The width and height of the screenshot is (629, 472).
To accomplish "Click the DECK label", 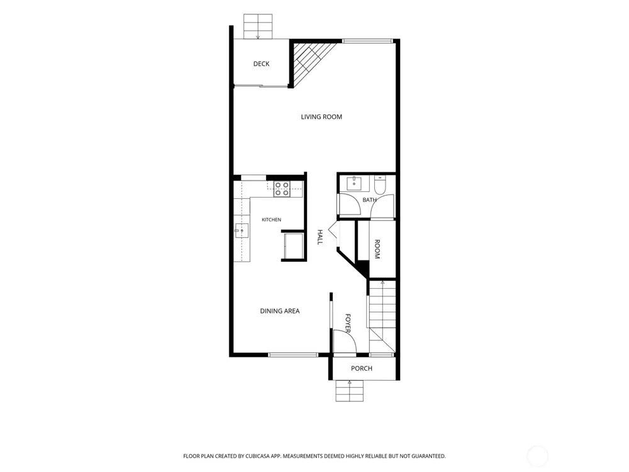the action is (x=261, y=64).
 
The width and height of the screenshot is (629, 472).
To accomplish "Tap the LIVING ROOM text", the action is (x=321, y=117).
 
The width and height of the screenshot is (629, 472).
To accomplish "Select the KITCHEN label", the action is (x=271, y=220).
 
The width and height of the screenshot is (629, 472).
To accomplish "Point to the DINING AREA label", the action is (x=280, y=311).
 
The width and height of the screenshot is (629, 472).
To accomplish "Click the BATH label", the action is (x=369, y=200).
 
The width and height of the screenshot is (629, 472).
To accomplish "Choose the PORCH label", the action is (x=362, y=368).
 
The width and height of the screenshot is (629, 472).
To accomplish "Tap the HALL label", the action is (x=320, y=237).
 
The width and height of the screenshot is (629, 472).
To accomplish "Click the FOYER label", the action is (x=348, y=323).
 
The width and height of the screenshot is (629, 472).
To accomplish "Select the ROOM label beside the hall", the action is (x=377, y=249).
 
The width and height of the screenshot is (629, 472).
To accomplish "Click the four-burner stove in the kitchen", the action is (x=282, y=189).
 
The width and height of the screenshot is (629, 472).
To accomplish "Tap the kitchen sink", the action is (x=242, y=231).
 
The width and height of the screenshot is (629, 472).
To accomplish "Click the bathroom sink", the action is (x=354, y=183).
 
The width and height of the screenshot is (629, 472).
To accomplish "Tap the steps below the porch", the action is (x=349, y=391).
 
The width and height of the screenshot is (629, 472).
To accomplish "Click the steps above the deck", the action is (x=258, y=26).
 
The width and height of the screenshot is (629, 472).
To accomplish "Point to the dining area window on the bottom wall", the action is (x=293, y=355).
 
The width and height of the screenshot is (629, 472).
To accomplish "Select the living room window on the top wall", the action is (x=367, y=40).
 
